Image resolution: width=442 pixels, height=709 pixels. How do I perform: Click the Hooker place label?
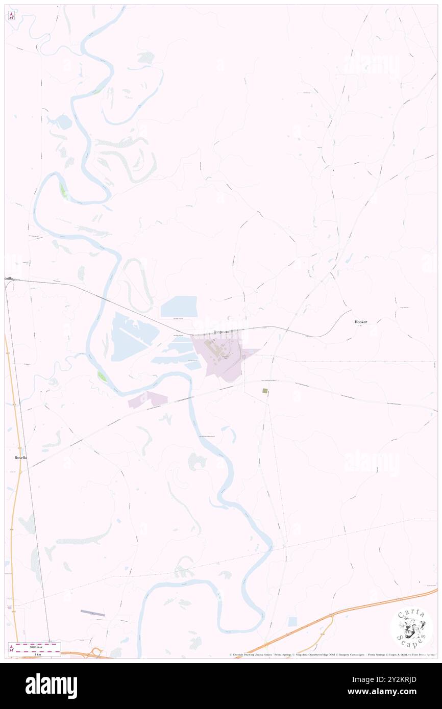click(361, 322)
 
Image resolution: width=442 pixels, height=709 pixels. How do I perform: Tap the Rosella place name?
click(20, 458)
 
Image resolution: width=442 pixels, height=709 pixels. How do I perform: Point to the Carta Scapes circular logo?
click(411, 627)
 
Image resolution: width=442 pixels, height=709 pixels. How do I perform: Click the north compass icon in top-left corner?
click(11, 16)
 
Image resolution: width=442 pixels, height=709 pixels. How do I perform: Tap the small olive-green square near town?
click(265, 391)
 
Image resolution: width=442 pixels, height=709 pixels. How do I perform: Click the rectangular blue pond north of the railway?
click(179, 307)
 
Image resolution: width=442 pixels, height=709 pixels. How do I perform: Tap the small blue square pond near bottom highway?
click(292, 621)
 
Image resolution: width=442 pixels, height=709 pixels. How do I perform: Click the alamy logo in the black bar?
click(51, 686)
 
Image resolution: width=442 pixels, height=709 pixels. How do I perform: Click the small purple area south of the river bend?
click(147, 399)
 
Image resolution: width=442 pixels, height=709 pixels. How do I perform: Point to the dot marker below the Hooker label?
click(361, 326)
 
